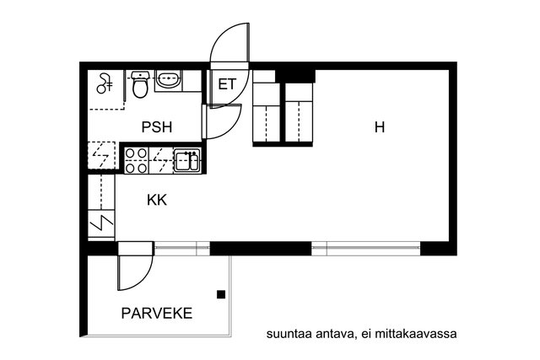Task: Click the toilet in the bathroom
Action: click(141, 84)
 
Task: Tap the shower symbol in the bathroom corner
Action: click(105, 83)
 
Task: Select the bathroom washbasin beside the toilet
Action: click(168, 81)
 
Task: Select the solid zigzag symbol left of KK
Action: click(100, 223)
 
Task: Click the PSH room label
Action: click(156, 127)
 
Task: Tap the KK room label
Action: click(156, 201)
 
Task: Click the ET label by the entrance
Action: click(227, 84)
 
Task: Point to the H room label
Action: click(380, 127)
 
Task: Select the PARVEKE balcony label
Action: click(156, 314)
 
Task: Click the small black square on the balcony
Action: click(221, 294)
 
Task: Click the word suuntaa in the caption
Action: click(287, 333)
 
